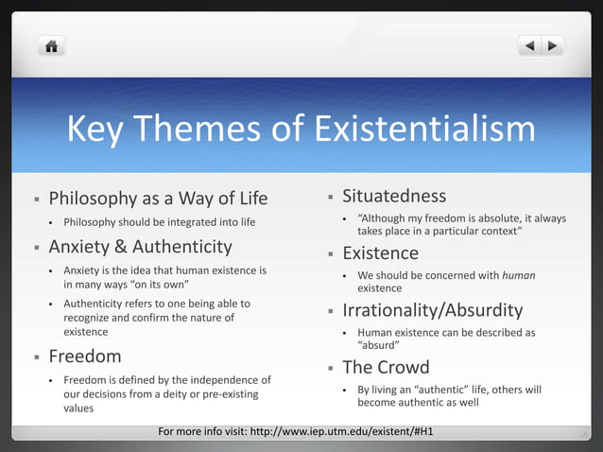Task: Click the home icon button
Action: point(51,45)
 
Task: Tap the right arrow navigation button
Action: point(552,45)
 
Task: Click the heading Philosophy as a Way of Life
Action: point(158,199)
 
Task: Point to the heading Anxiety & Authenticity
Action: point(140,247)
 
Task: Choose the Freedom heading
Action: point(85,356)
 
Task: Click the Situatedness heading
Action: point(394,196)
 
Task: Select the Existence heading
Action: point(380,253)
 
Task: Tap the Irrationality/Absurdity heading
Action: point(432,310)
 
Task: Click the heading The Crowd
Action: point(386,367)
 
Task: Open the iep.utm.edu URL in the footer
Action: point(347,432)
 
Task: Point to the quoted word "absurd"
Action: point(378,345)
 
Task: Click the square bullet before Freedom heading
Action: point(36,357)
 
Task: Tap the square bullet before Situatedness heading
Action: point(330,197)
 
